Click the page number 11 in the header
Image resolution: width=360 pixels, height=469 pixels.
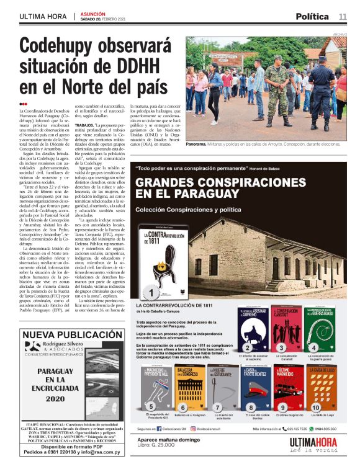click(x=343, y=16)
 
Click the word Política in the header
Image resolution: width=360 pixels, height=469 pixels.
click(x=312, y=16)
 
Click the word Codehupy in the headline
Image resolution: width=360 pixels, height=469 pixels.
click(x=63, y=47)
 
